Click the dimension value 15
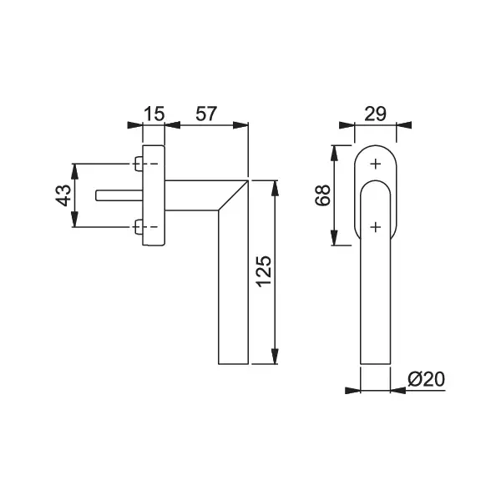(154, 114)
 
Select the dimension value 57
(206, 114)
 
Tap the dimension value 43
(63, 195)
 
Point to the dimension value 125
(264, 271)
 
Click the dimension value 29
(376, 114)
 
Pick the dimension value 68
(322, 195)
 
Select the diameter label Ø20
(426, 379)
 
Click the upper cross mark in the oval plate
(376, 164)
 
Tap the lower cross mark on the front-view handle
(376, 227)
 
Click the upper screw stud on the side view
(139, 164)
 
